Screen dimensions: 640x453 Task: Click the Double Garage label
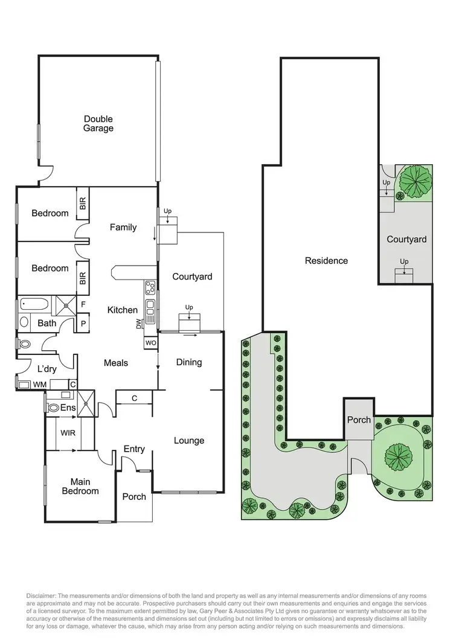[x=98, y=124]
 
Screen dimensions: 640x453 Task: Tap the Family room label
[x=123, y=228]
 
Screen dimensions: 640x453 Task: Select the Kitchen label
[x=123, y=310]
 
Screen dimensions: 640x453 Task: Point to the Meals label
[x=116, y=363]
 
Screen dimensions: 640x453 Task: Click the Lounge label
[x=189, y=441]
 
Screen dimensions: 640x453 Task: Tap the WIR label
[x=67, y=433]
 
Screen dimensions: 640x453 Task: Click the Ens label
[x=68, y=408]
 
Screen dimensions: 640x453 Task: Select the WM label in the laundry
[x=39, y=384]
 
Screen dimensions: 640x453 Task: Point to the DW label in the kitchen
[x=139, y=324]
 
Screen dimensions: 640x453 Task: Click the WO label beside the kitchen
[x=150, y=343]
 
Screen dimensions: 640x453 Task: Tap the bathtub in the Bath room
[x=35, y=304]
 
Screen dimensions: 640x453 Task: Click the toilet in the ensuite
[x=52, y=408]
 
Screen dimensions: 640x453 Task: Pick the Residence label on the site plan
[x=326, y=261]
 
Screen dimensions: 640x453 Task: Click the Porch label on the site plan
[x=359, y=420]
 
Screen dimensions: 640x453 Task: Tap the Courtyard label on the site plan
[x=406, y=240]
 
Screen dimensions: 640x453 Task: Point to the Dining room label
[x=189, y=362]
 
